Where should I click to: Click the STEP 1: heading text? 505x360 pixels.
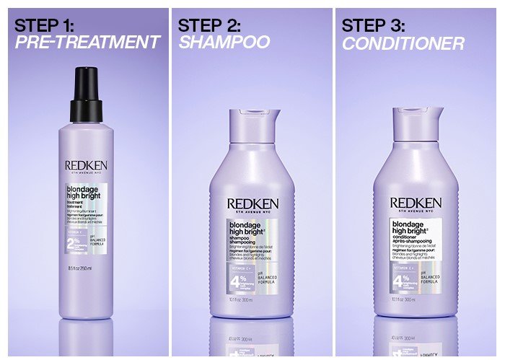pos(44,25)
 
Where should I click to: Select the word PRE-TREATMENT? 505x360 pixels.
pos(87,43)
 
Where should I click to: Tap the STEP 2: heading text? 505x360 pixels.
pos(209,25)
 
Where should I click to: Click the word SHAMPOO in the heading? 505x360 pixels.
pos(224,43)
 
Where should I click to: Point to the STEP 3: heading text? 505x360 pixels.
pos(374,25)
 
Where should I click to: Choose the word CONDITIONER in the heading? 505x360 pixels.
pos(403,43)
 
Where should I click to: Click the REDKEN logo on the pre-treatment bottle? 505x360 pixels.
pos(86,165)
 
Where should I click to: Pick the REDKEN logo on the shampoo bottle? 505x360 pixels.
pos(252,204)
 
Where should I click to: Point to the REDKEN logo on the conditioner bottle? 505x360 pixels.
pos(417,203)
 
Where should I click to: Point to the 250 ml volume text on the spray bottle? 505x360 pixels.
pos(80,268)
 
